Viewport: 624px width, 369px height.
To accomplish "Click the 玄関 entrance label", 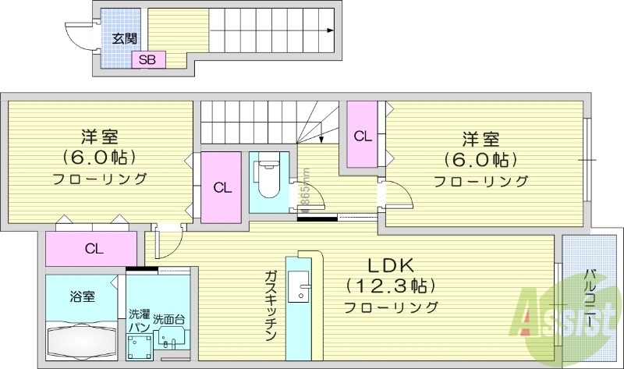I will pyautogui.click(x=123, y=38).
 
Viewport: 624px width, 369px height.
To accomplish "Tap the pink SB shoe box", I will pyautogui.click(x=147, y=59).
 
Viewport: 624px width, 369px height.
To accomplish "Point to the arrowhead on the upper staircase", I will pyautogui.click(x=331, y=31).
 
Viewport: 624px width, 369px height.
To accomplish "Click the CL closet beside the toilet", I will pyautogui.click(x=222, y=187).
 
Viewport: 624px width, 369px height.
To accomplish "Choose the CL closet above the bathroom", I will pyautogui.click(x=94, y=249).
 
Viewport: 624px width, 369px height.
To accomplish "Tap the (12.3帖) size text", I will pyautogui.click(x=390, y=285).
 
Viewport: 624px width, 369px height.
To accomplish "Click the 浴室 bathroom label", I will pyautogui.click(x=82, y=296).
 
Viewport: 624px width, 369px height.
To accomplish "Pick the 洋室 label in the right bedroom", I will pyautogui.click(x=480, y=140).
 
